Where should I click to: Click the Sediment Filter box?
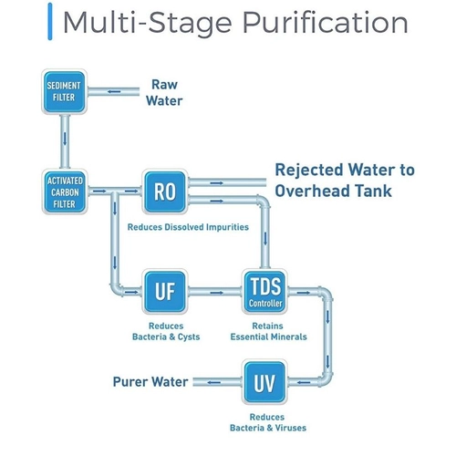[x=64, y=91]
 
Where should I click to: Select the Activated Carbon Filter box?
[x=65, y=192]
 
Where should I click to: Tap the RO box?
[x=165, y=192]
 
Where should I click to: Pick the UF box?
[x=165, y=291]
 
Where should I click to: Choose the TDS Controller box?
[x=264, y=291]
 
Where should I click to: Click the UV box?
[x=264, y=382]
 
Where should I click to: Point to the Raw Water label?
[x=164, y=93]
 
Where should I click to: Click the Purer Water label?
[x=150, y=382]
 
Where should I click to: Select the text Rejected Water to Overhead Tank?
[x=345, y=180]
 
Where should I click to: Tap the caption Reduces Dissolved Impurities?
[x=188, y=227]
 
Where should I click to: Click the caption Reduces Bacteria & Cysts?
[x=166, y=331]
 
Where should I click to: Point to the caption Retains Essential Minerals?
[x=268, y=331]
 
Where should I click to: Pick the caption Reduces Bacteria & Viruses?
[x=268, y=422]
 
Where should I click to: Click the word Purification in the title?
[x=326, y=23]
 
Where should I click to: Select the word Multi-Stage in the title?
[x=148, y=23]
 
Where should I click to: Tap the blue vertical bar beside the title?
[x=50, y=21]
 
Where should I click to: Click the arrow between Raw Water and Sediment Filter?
[x=114, y=91]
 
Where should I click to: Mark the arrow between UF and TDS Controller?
[x=217, y=293]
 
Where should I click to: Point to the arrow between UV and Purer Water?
[x=214, y=382]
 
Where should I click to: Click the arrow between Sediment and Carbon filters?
[x=65, y=139]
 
